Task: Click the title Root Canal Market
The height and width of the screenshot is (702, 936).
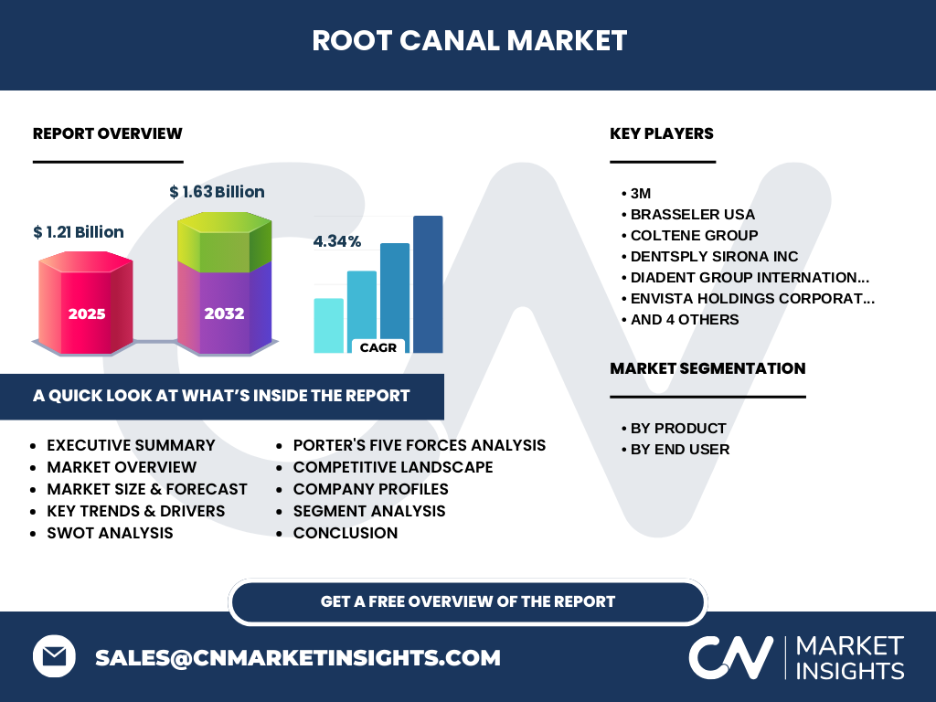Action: tap(469, 40)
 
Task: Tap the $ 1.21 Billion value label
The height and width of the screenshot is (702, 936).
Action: tap(79, 231)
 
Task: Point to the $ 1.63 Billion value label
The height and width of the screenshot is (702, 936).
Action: tap(217, 192)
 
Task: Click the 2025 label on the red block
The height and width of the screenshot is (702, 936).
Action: tap(87, 314)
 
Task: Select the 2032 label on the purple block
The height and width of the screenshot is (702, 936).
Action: tap(225, 314)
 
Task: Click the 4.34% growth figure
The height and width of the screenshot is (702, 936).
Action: tap(337, 241)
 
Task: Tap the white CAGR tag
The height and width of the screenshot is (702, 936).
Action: tap(378, 346)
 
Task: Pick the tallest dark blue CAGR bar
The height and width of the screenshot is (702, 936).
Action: tap(428, 284)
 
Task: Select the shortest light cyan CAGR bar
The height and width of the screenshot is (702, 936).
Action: tap(329, 325)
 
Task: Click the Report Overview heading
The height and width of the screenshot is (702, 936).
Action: tap(108, 133)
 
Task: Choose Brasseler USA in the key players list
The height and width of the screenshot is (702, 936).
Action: tap(693, 214)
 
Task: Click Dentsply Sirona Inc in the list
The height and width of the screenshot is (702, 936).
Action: tap(714, 256)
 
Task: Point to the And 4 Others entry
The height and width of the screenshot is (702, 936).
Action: tap(685, 319)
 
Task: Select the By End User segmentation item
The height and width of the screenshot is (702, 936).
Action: tap(680, 449)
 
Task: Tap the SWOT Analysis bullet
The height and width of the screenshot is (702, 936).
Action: tap(110, 533)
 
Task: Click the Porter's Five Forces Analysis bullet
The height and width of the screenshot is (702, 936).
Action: tap(419, 445)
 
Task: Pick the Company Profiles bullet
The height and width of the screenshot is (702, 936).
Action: tap(371, 489)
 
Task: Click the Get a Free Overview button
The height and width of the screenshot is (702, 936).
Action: tap(468, 601)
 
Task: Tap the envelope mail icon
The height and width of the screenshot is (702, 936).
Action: tap(54, 656)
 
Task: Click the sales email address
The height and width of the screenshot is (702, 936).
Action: tap(298, 657)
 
